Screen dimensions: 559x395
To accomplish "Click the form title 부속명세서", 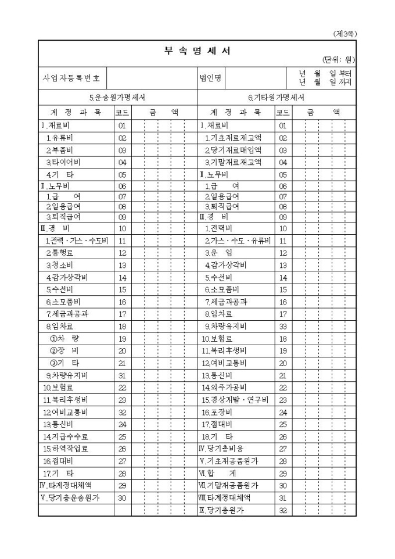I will pyautogui.click(x=197, y=51).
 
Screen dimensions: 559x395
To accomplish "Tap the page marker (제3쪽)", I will pyautogui.click(x=345, y=34).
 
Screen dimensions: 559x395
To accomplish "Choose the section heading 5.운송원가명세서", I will pyautogui.click(x=117, y=98).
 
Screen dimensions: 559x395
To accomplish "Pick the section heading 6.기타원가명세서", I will pyautogui.click(x=276, y=98).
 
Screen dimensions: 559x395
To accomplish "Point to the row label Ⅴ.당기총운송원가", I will pyautogui.click(x=70, y=497).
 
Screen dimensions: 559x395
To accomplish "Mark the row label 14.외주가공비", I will pyautogui.click(x=224, y=387).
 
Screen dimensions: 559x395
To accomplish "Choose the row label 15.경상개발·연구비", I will pyautogui.click(x=235, y=400).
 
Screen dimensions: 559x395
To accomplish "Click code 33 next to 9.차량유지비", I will pyautogui.click(x=283, y=325).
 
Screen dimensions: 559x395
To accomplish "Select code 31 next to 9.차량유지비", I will pyautogui.click(x=123, y=375).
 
